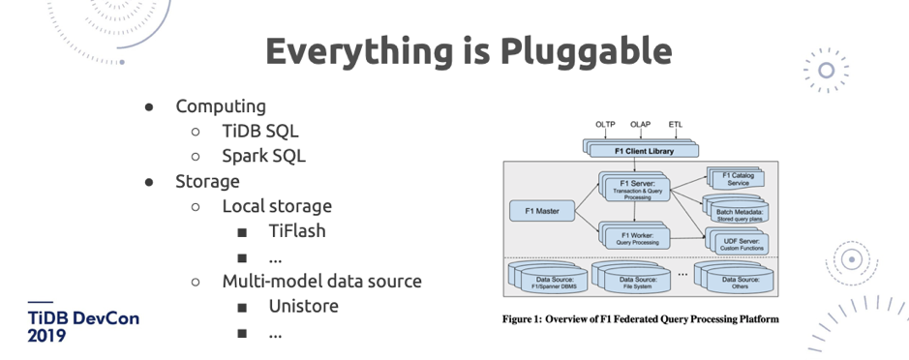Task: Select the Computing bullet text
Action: tap(220, 106)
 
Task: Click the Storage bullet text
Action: tap(207, 181)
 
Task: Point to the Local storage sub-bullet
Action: tap(277, 206)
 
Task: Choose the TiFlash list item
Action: tap(297, 231)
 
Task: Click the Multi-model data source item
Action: tap(321, 282)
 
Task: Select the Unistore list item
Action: tap(303, 307)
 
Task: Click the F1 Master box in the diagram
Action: tap(540, 209)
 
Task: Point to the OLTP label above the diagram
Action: tap(606, 125)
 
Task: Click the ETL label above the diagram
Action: tap(675, 125)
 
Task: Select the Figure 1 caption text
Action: tap(640, 318)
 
